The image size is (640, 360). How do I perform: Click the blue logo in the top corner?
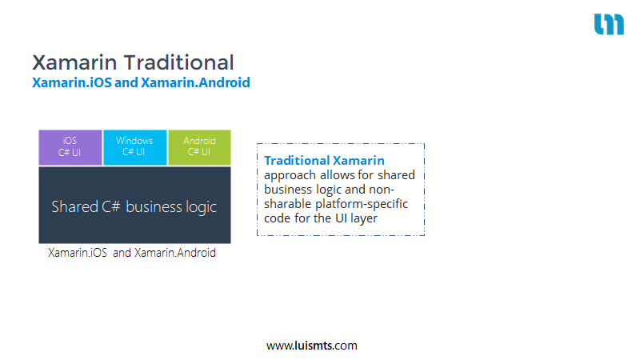click(609, 24)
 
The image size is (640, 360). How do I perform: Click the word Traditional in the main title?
click(178, 62)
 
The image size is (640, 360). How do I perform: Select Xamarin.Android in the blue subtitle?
click(195, 82)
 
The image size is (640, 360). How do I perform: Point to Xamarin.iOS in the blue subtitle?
click(72, 82)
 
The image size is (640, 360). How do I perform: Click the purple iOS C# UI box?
click(70, 147)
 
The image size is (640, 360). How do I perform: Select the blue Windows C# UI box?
click(135, 147)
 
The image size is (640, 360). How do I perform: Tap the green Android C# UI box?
click(199, 147)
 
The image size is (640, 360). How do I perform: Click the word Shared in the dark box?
click(74, 206)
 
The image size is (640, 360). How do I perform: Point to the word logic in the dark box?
click(202, 207)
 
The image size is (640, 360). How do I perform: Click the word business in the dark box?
click(154, 206)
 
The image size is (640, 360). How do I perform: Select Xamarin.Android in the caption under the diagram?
click(175, 253)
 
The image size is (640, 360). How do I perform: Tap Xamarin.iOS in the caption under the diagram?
click(78, 253)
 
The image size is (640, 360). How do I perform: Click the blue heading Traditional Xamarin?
click(325, 161)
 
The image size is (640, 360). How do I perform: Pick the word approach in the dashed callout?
click(290, 175)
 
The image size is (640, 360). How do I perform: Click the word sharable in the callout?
click(287, 204)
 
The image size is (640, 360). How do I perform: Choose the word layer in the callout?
click(364, 218)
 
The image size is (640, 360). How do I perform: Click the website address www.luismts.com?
click(312, 346)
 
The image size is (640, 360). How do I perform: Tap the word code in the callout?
click(277, 218)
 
